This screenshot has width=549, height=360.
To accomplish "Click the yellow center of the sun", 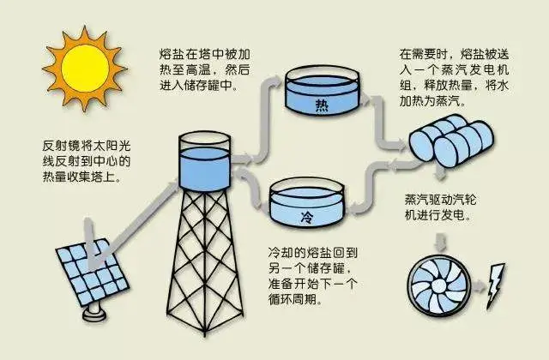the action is click(x=85, y=69).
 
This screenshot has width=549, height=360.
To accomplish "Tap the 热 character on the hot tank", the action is click(x=322, y=105).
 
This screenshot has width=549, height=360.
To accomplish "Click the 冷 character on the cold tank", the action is click(x=307, y=217).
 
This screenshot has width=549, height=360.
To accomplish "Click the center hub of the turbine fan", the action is click(x=438, y=285).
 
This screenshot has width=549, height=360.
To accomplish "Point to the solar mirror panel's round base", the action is click(x=94, y=312).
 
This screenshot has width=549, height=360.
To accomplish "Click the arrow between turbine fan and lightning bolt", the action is click(x=479, y=286).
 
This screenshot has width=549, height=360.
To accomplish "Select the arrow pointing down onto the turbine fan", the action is click(x=440, y=242).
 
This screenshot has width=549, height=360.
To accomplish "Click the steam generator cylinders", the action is click(x=452, y=141).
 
